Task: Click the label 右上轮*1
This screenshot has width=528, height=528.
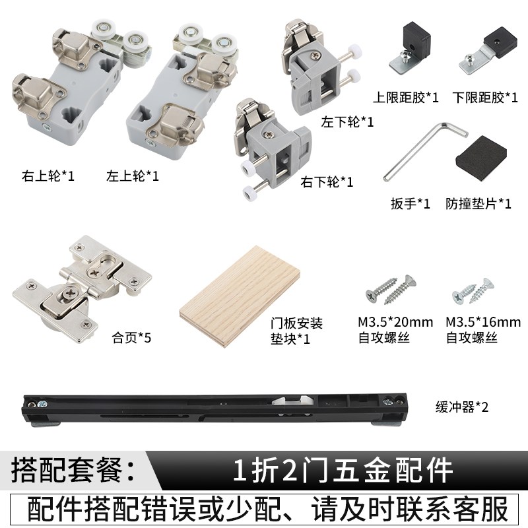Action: [49, 176]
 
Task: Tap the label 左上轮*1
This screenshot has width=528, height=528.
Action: [132, 176]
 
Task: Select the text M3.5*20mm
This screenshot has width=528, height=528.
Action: [395, 323]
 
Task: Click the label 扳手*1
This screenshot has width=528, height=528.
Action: [410, 203]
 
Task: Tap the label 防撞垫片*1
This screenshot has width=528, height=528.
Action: [478, 203]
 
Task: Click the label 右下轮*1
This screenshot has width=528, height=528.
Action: [327, 181]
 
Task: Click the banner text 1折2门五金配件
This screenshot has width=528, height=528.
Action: [343, 471]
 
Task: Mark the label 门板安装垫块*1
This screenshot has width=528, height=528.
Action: [298, 331]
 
